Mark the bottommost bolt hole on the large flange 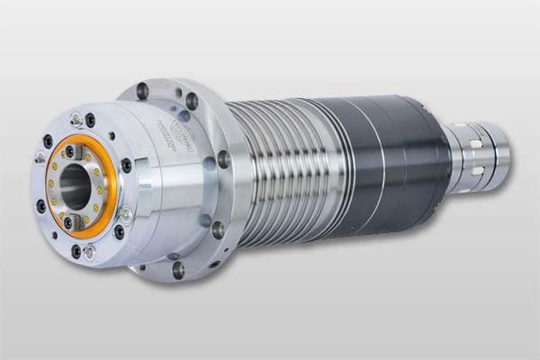tap(178, 268)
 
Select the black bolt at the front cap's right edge tap(126, 166)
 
